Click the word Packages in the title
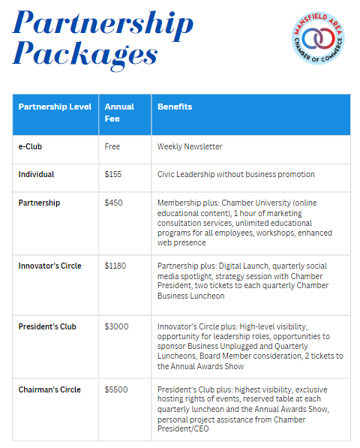85,56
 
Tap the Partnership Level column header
55,107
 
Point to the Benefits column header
174,107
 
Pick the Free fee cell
112,146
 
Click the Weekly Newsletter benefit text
190,146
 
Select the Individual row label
36,174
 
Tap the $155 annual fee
113,174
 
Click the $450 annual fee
114,203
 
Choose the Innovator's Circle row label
50,266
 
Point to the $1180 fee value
115,266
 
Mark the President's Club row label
47,327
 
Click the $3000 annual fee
116,327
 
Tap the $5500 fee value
116,389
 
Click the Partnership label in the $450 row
39,203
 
